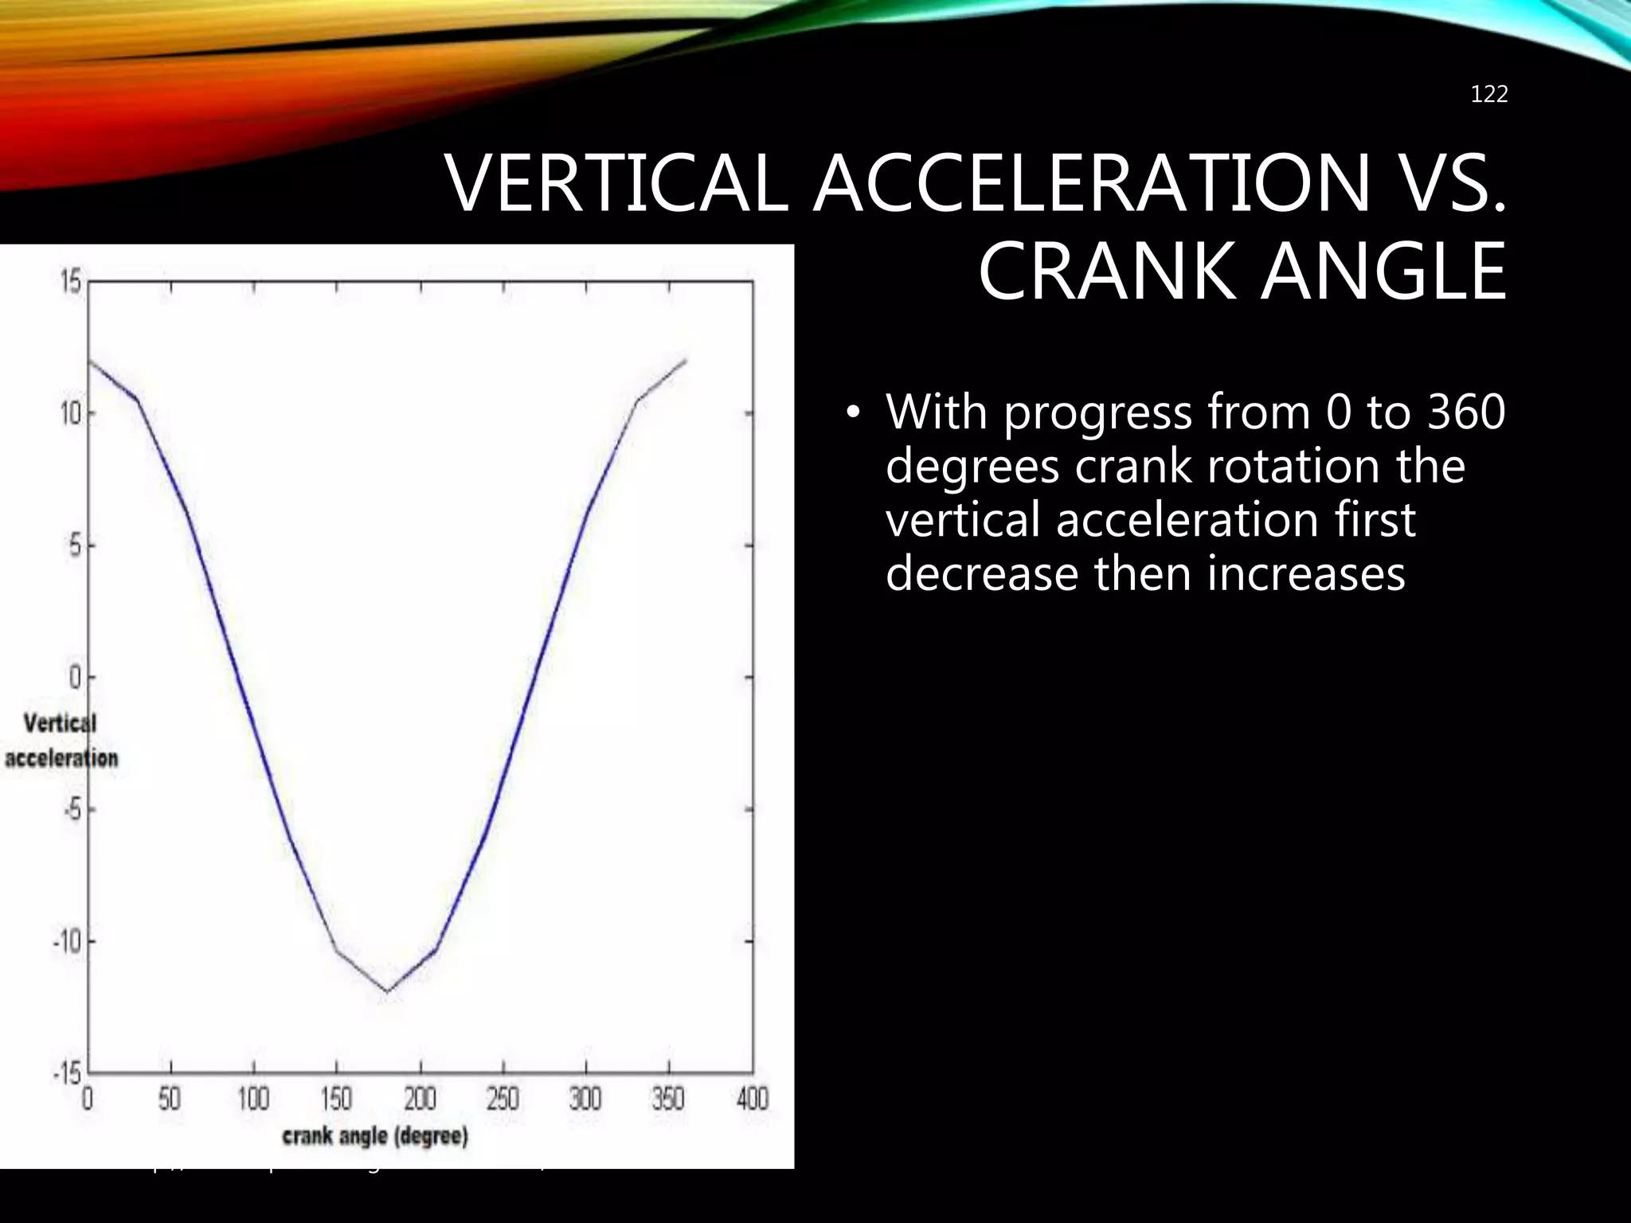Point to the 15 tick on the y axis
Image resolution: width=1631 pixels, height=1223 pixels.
click(72, 282)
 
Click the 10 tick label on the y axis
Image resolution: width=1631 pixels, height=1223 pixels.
click(72, 414)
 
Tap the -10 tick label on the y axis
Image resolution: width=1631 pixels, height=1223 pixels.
click(68, 942)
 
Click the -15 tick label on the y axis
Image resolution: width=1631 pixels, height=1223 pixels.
click(68, 1074)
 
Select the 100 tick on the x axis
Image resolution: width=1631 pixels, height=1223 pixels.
click(253, 1100)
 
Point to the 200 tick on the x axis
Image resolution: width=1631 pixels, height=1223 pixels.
click(420, 1100)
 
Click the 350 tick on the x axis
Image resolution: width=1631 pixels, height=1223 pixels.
click(668, 1100)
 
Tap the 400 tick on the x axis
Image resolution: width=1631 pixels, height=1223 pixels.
click(752, 1100)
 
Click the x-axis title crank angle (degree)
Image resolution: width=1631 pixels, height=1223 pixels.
click(375, 1136)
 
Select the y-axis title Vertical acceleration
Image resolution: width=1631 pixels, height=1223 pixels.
click(61, 740)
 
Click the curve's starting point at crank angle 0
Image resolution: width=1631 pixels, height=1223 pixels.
click(89, 361)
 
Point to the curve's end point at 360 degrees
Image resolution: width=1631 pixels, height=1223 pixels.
click(686, 361)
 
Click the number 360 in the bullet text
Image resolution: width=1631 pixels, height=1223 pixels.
click(1465, 412)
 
